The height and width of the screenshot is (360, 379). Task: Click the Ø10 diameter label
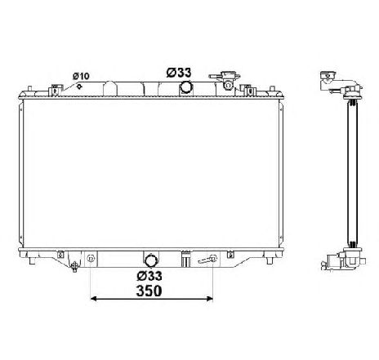click(x=81, y=76)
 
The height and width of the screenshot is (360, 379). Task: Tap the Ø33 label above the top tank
click(x=180, y=72)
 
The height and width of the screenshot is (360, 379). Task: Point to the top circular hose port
click(x=186, y=87)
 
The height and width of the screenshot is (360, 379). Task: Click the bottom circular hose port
click(x=150, y=257)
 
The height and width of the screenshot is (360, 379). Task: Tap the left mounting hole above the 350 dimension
click(x=91, y=260)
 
